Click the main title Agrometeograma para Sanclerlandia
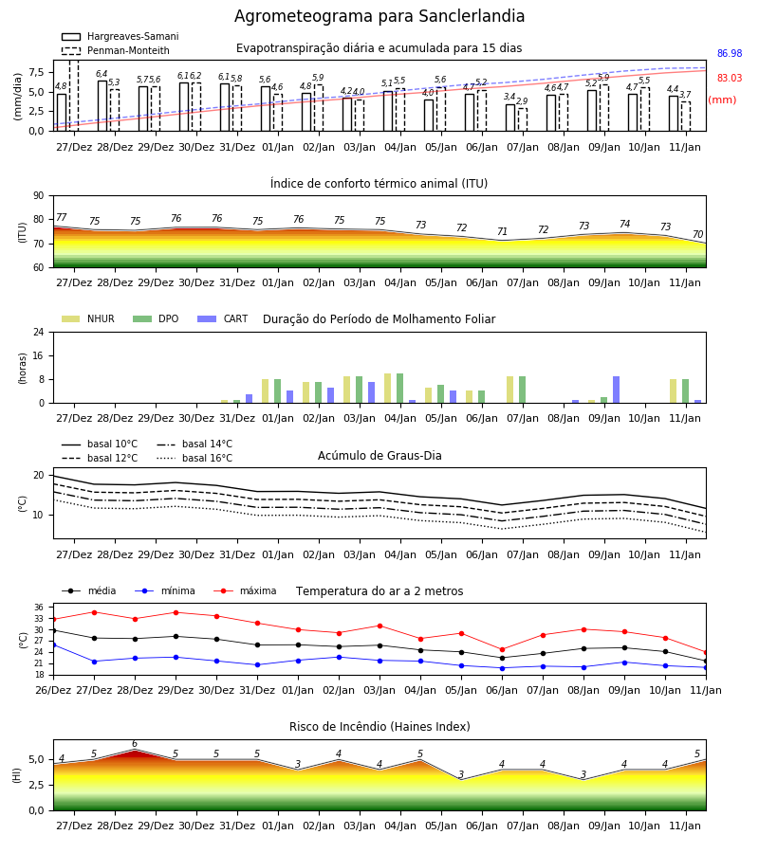379,16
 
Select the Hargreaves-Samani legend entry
120,36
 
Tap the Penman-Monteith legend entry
116,50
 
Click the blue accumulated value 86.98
730,53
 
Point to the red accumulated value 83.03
730,78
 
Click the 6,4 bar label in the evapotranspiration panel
102,74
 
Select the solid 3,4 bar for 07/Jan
510,118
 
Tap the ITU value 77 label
62,218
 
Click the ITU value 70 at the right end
698,234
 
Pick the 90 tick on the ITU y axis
38,196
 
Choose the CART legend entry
223,318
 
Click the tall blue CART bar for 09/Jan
617,390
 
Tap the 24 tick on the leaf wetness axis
39,332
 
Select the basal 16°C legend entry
194,458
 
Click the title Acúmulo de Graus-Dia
379,456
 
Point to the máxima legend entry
245,590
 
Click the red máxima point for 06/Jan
502,649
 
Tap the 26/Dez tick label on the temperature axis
53,690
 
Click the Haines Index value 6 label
135,744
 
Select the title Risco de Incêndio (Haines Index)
379,727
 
